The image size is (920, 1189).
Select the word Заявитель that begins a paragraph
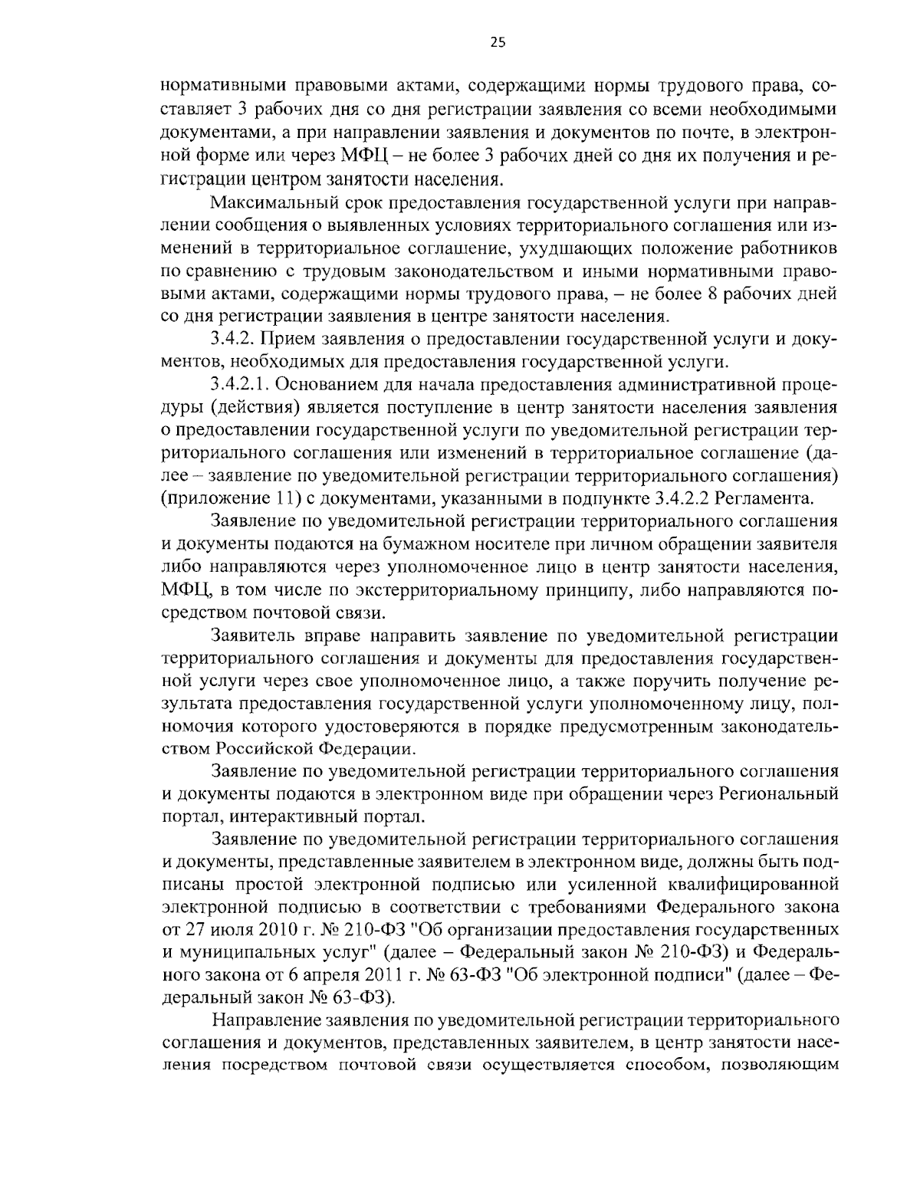[248, 636]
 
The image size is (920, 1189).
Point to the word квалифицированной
[751, 885]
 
